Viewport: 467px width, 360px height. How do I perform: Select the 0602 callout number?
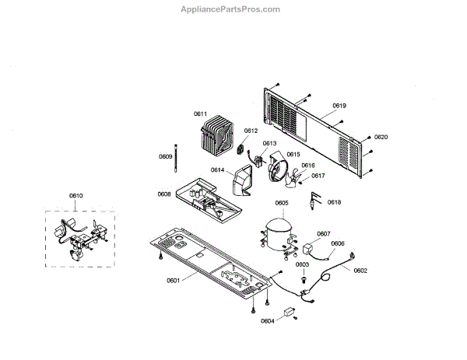coord(360,270)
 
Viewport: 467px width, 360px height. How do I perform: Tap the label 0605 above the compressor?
coord(282,203)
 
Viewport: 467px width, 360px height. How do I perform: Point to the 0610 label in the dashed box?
coord(75,195)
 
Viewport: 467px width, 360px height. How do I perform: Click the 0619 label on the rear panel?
coord(339,106)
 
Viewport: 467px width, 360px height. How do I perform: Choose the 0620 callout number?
coord(381,137)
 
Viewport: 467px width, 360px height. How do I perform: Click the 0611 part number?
coord(200,114)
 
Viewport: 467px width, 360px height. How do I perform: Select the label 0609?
coord(165,157)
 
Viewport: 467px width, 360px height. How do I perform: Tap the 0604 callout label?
coord(267,320)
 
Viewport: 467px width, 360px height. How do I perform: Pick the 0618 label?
coord(334,202)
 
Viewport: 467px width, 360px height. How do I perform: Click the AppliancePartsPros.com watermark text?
coord(230,9)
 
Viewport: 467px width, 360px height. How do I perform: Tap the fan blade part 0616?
coord(293,181)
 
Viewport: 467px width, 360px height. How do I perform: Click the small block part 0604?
coord(292,316)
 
